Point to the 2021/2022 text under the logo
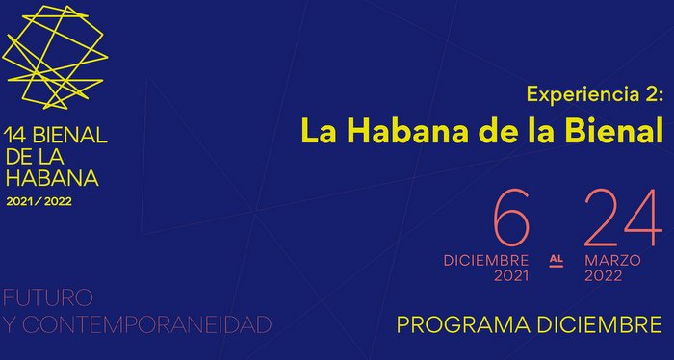pos(39,202)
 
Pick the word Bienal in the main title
pos(620,130)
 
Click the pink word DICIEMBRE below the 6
pos(487,260)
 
